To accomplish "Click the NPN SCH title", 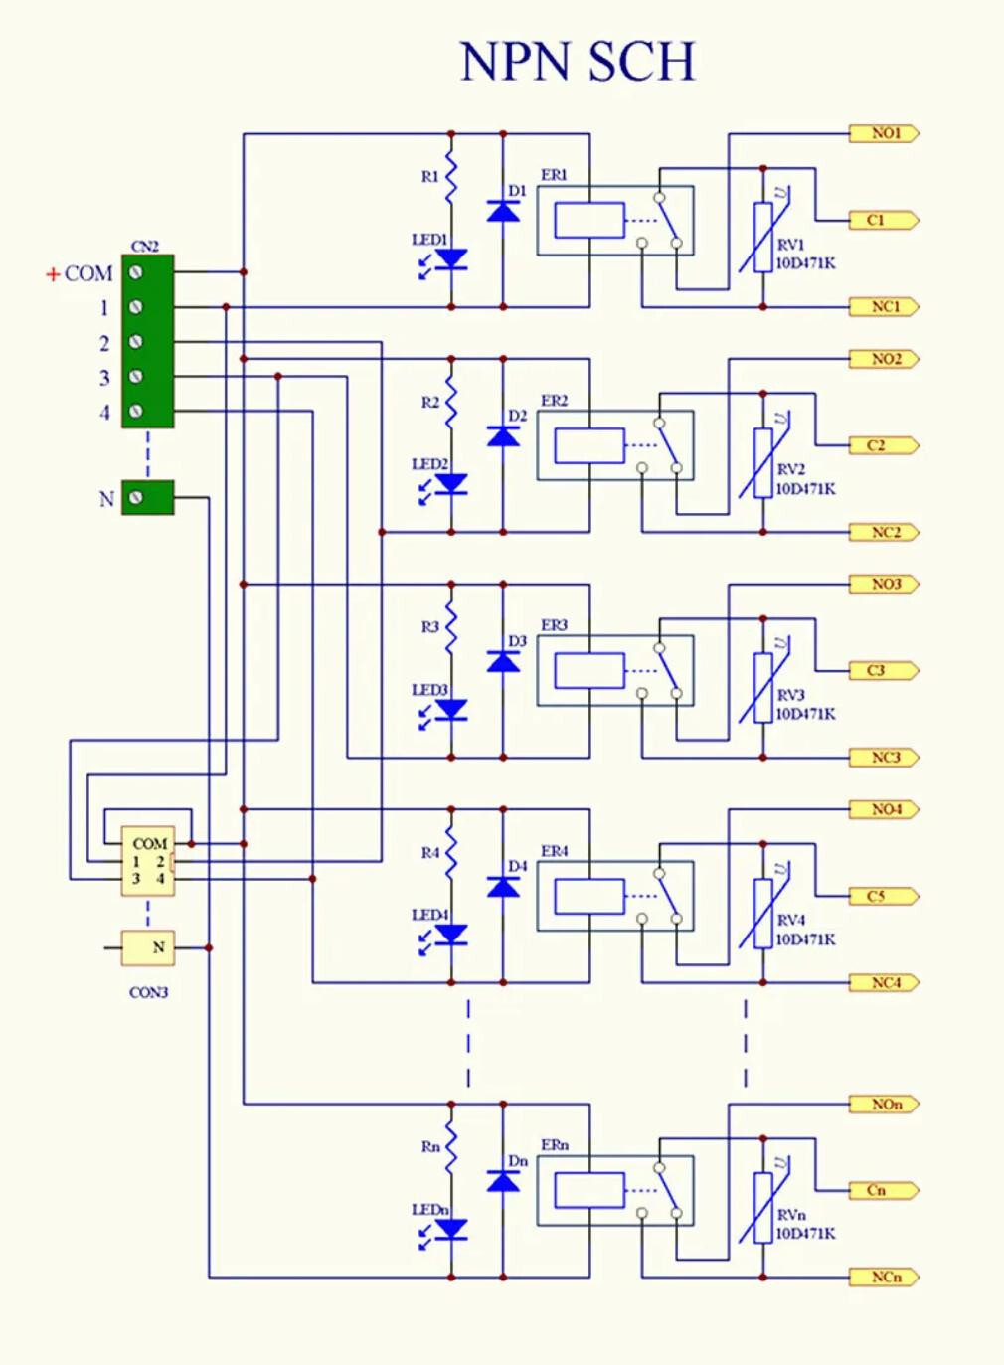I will [578, 62].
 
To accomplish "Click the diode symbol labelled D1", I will [503, 211].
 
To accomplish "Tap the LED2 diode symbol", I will [452, 484].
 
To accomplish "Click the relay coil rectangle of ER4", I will [589, 897].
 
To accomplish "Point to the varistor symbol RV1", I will [763, 237].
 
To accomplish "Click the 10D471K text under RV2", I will [805, 489].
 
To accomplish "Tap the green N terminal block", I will [148, 497].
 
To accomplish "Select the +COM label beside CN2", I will [81, 273].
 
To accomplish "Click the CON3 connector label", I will [148, 992].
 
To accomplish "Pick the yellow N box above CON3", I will [148, 948].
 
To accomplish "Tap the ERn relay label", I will [555, 1145].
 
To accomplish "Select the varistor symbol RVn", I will [763, 1207].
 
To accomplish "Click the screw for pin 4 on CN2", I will [136, 411].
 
